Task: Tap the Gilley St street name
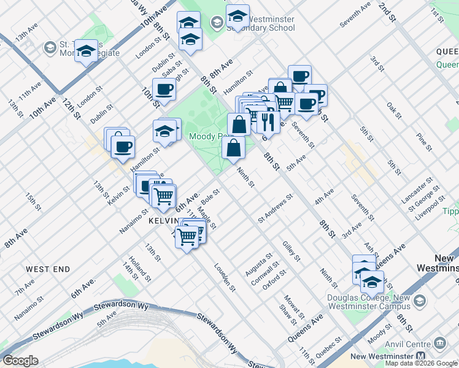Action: [x=291, y=251]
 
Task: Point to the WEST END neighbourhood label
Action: [x=48, y=269]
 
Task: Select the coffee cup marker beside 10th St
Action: [x=164, y=90]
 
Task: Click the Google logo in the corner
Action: [x=20, y=361]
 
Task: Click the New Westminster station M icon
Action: [x=420, y=356]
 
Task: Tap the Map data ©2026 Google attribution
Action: [x=421, y=363]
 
